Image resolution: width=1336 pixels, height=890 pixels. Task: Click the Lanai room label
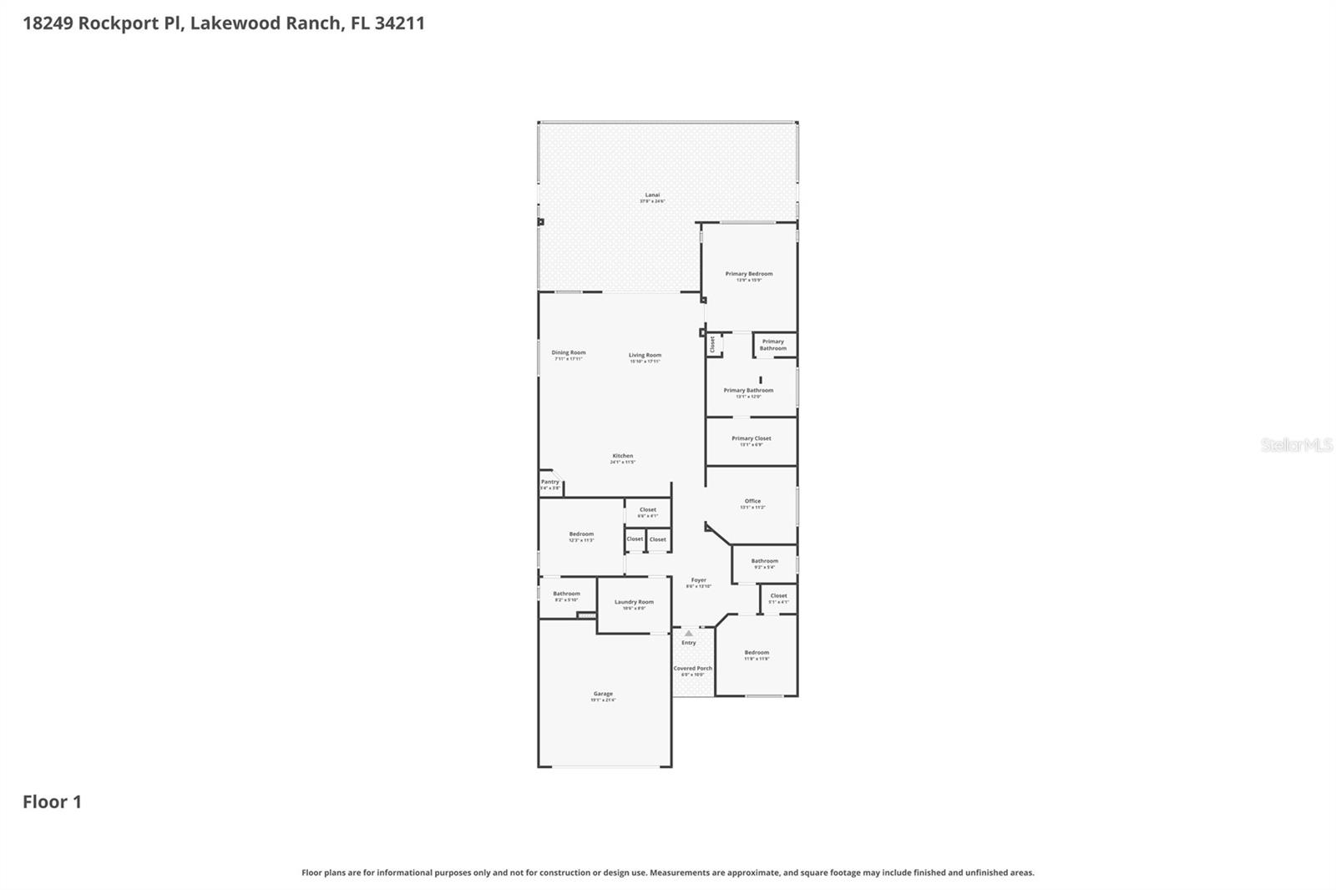tap(652, 195)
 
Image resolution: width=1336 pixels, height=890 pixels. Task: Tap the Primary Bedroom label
tap(749, 274)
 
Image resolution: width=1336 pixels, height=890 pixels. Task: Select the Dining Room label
tap(569, 352)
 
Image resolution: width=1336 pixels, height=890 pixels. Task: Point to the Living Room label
tap(645, 355)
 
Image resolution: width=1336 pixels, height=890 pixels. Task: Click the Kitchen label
tap(623, 456)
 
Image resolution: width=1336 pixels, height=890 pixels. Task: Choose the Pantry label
tap(550, 482)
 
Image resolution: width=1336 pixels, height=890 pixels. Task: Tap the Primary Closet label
tap(751, 438)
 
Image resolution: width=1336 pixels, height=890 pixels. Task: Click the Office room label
tap(752, 501)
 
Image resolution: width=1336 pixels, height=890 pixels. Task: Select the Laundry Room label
tap(634, 602)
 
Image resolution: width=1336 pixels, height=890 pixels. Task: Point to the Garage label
tap(603, 694)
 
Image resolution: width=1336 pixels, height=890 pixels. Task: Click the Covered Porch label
tap(693, 668)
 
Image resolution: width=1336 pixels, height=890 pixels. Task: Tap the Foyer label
tap(699, 580)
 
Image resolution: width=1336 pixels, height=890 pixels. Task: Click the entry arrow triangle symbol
tap(688, 634)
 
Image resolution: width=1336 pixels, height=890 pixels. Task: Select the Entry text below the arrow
tap(689, 643)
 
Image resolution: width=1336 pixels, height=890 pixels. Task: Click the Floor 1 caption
tap(52, 802)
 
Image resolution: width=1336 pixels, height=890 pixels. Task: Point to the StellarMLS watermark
tap(1296, 445)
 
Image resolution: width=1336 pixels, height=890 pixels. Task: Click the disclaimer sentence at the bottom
tap(667, 872)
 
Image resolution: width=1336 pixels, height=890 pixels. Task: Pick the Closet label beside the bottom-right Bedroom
tap(778, 596)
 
